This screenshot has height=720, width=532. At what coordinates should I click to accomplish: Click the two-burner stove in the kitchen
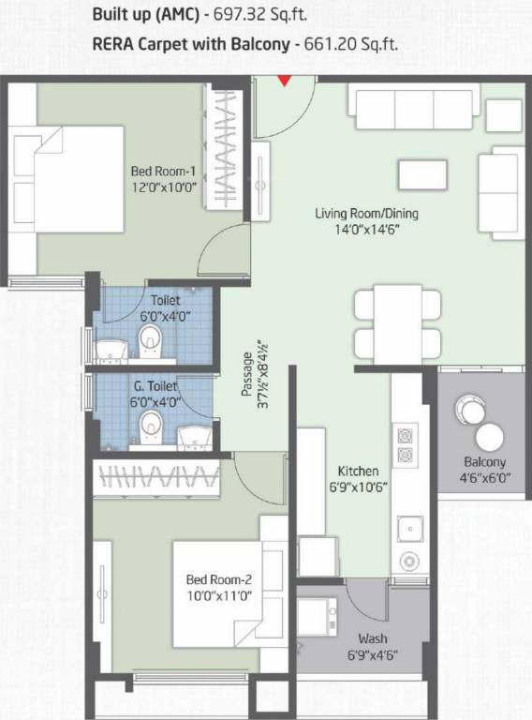coord(406,447)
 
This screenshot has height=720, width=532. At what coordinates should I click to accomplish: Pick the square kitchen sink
coord(408,528)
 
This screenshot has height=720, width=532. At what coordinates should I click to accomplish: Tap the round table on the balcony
coord(488,436)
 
